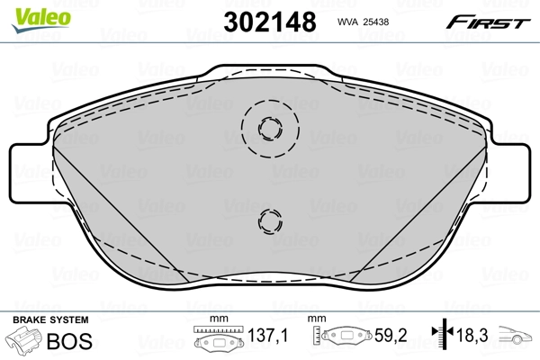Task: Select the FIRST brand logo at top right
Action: [497, 20]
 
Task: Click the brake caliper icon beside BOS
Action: [25, 343]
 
